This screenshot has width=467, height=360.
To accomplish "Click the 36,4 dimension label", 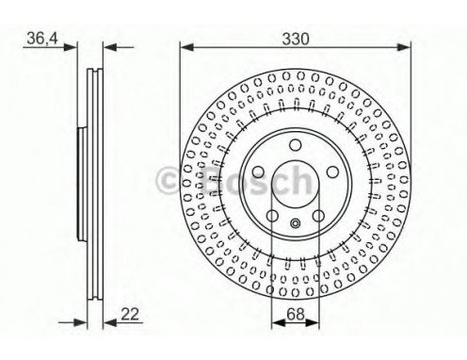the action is click(42, 39).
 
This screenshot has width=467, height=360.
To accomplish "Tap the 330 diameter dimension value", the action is click(296, 39).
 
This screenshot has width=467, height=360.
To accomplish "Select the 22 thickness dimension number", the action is click(130, 314).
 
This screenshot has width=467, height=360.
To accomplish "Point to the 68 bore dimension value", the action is click(296, 314).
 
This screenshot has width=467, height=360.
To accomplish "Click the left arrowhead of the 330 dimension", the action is click(186, 47).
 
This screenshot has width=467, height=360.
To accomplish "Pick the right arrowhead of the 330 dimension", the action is click(404, 47).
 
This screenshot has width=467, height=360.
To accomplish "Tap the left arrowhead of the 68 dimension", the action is click(278, 322).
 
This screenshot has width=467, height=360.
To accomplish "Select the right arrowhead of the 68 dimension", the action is click(313, 322).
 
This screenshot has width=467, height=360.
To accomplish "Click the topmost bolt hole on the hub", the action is click(295, 145).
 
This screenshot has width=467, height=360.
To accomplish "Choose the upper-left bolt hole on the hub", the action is click(258, 172).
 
